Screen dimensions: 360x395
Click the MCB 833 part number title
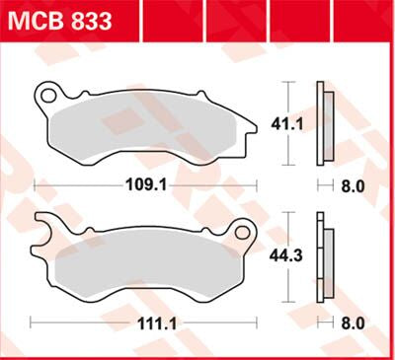tap(60, 20)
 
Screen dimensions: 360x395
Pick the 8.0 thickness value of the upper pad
tap(354, 185)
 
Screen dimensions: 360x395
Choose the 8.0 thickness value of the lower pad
tap(354, 323)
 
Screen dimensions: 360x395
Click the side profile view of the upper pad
tap(323, 123)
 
